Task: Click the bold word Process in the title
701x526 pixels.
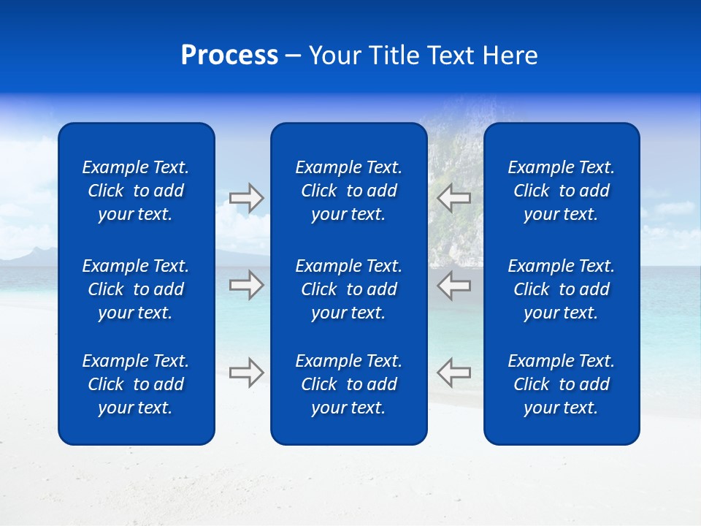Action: (x=229, y=56)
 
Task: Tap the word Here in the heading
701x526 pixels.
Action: (x=509, y=56)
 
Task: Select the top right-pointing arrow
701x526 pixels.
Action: (x=247, y=198)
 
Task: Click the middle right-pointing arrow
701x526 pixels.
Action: (x=247, y=285)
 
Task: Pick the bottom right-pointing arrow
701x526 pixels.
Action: (x=247, y=372)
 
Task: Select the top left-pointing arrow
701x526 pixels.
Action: (x=453, y=198)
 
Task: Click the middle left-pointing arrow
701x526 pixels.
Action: (x=453, y=285)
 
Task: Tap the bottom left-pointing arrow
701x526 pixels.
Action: (x=453, y=372)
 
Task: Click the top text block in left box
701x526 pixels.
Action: (x=136, y=191)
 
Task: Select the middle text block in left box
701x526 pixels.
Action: (x=136, y=289)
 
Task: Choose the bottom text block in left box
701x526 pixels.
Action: (x=136, y=384)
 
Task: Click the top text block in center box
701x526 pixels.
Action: (x=348, y=191)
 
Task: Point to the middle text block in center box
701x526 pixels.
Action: (x=348, y=289)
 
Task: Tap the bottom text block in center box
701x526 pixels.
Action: (x=348, y=384)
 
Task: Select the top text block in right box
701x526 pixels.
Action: (x=561, y=191)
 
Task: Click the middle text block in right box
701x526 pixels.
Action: (x=561, y=289)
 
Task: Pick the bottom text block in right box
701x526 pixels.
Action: (x=561, y=384)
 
